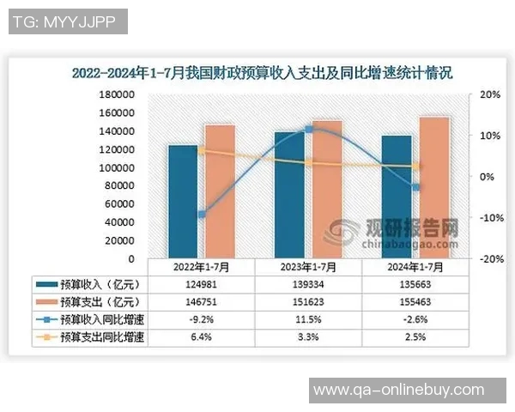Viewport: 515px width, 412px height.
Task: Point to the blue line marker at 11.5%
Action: pyautogui.click(x=309, y=130)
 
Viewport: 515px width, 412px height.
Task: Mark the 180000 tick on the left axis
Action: pyautogui.click(x=117, y=94)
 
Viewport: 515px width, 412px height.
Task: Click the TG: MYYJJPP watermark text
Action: pyautogui.click(x=68, y=21)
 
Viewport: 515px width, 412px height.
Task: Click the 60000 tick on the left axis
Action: pyautogui.click(x=119, y=204)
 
